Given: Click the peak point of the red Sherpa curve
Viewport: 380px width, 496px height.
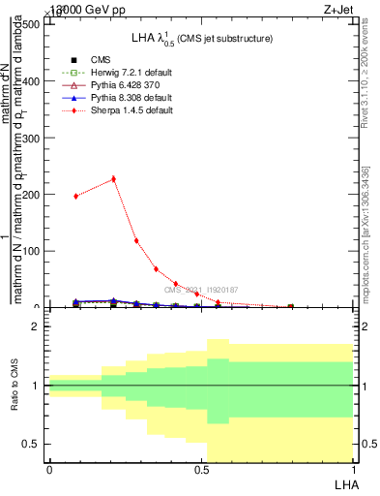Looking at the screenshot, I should [x=113, y=178].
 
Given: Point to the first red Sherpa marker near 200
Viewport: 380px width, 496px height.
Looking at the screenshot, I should [x=76, y=196].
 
